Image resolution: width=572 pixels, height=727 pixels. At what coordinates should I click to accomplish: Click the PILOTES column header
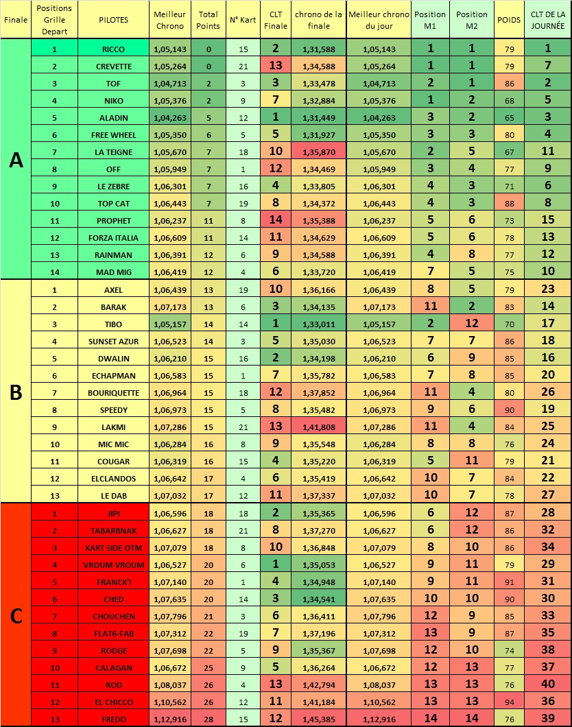click(113, 20)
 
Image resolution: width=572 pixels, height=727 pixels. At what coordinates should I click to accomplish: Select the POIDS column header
click(509, 20)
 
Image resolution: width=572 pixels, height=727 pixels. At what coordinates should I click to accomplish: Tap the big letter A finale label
click(16, 160)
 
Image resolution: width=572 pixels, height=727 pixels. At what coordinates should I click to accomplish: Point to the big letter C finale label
click(16, 615)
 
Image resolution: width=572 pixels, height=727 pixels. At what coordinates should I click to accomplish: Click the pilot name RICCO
click(113, 49)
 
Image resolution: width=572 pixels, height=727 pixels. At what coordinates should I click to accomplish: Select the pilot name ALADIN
click(113, 117)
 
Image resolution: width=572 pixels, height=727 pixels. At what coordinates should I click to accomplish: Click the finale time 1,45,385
click(319, 719)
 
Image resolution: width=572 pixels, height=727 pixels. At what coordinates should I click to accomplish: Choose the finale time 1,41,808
click(319, 427)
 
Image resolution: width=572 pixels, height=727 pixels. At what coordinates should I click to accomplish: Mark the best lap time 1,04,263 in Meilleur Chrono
click(169, 117)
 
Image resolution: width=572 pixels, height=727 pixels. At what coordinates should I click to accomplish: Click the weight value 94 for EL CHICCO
click(509, 702)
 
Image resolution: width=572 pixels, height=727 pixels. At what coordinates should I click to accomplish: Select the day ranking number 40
click(547, 684)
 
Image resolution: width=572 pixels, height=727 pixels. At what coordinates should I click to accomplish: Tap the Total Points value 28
click(208, 719)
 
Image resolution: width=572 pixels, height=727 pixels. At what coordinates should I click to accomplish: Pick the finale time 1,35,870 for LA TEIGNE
click(319, 152)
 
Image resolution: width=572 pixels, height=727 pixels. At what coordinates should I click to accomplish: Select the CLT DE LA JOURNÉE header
click(547, 20)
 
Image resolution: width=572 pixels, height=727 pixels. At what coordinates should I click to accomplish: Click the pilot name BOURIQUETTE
click(113, 393)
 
